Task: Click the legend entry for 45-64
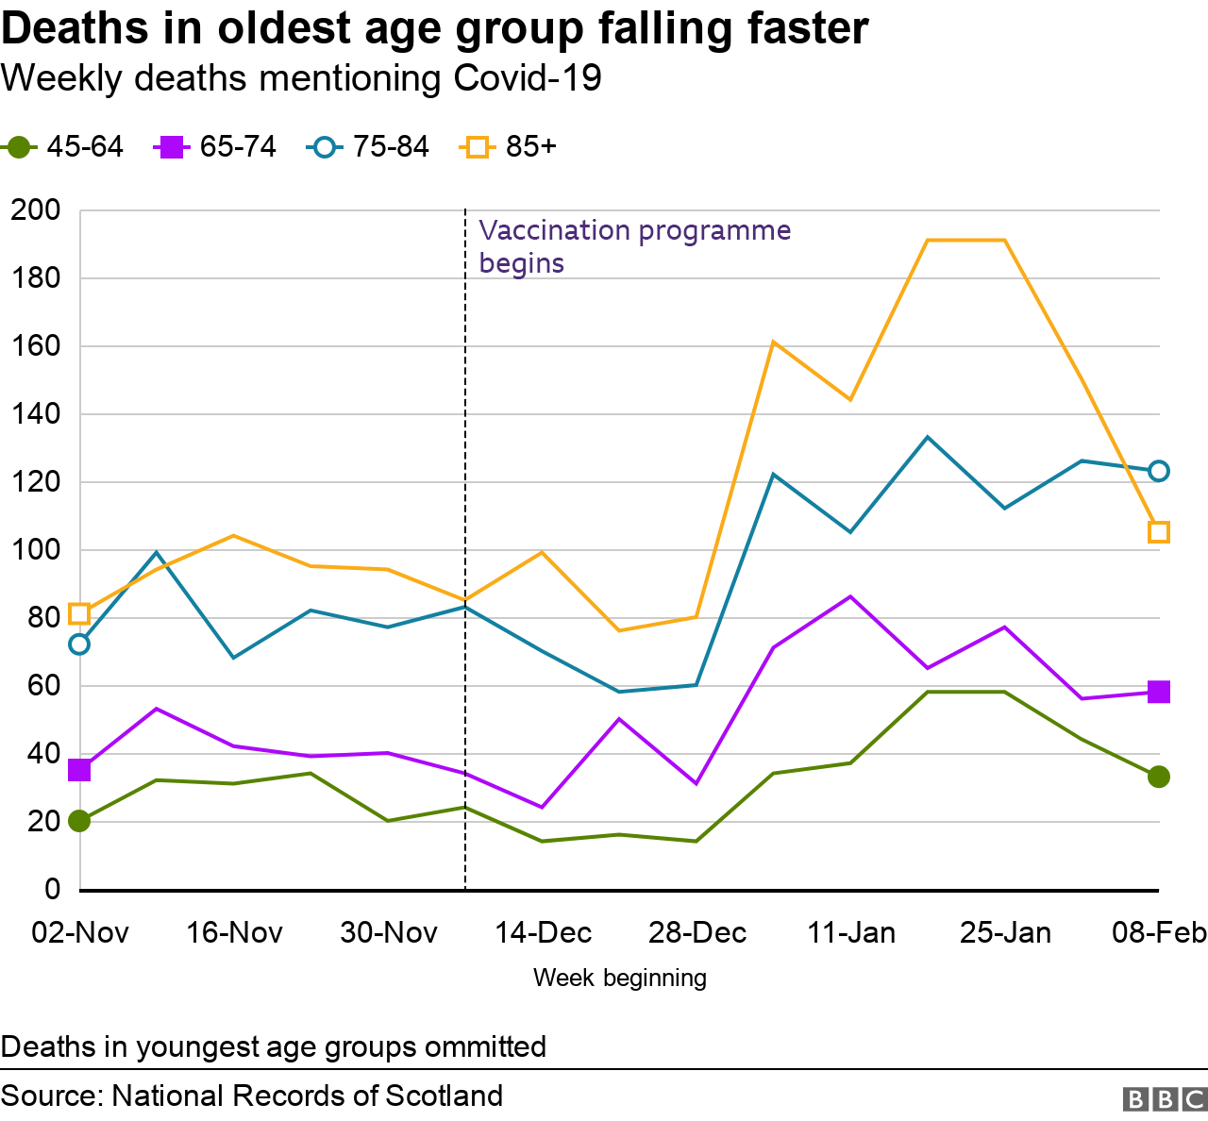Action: tap(64, 147)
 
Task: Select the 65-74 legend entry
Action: tap(216, 147)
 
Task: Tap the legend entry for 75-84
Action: tap(369, 147)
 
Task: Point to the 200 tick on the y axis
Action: tap(36, 210)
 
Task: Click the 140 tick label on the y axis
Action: tap(36, 414)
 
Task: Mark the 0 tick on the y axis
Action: tap(52, 890)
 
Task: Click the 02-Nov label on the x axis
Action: tap(80, 933)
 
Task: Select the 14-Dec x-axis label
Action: tap(543, 933)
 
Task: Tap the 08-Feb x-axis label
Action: tap(1159, 933)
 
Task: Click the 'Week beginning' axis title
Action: tap(620, 978)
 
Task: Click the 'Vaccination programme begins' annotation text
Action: tap(634, 246)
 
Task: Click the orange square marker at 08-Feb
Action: tap(1159, 532)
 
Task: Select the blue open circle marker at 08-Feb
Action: tap(1159, 471)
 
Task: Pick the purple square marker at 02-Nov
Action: tap(79, 770)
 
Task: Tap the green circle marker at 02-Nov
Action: tap(79, 821)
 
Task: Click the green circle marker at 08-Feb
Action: tap(1159, 777)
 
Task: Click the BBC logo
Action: tap(1165, 1099)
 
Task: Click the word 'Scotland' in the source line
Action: tap(444, 1096)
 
